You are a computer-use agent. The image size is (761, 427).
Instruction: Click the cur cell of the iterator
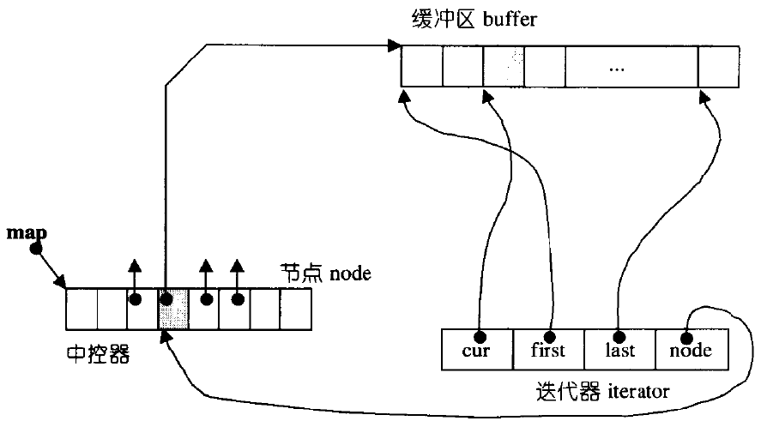coord(476,350)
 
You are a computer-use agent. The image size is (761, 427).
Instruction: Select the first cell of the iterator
coord(548,350)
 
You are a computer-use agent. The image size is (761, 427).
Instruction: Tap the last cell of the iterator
coord(619,350)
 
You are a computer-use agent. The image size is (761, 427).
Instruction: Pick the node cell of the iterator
coord(691,350)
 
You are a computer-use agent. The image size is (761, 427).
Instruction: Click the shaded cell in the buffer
coord(504,67)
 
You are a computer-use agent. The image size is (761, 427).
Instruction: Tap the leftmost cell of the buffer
coord(421,67)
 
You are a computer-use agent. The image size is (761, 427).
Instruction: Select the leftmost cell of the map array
coord(82,310)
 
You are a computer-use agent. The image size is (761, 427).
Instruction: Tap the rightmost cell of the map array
coord(294,310)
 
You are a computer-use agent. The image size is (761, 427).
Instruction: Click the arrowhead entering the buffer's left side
coord(395,45)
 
